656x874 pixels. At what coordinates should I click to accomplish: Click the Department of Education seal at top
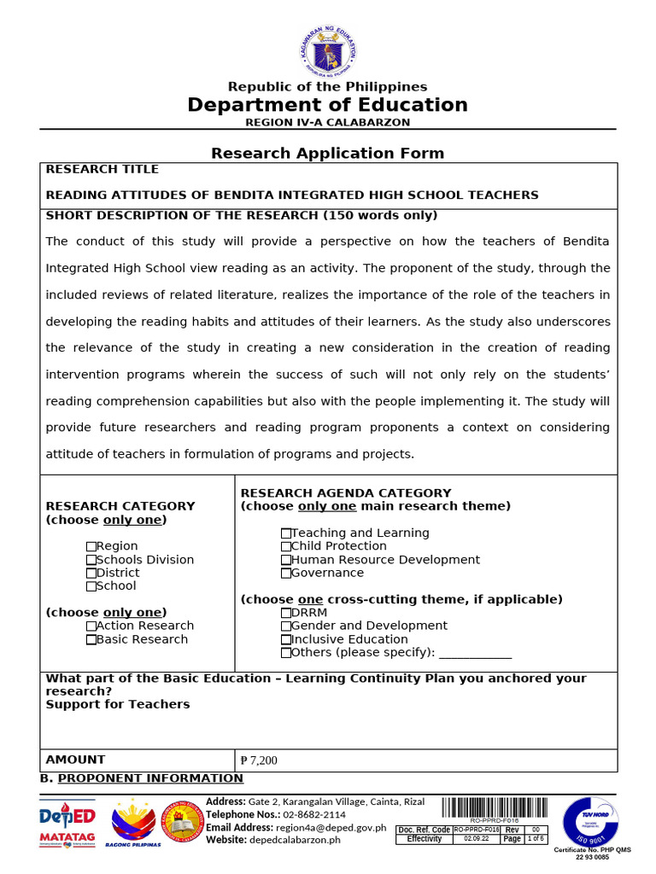point(328,51)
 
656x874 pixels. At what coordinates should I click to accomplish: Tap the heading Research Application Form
point(328,154)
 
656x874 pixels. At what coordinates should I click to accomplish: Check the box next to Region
point(91,546)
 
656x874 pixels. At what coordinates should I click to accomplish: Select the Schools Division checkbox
point(91,560)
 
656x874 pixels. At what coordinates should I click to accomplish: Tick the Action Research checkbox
point(91,626)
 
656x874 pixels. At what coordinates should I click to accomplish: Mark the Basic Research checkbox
point(91,639)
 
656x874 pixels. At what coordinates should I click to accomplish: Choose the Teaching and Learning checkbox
point(286,533)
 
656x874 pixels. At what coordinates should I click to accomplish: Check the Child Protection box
point(286,546)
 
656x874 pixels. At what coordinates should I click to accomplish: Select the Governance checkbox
point(286,574)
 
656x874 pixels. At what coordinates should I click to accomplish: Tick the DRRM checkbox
point(286,613)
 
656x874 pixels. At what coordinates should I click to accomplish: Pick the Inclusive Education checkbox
point(286,639)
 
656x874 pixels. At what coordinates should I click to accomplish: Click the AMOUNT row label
point(76,760)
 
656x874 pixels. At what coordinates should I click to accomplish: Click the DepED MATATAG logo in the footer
point(67,824)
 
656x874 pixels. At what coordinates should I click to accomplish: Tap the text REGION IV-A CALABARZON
point(328,122)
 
